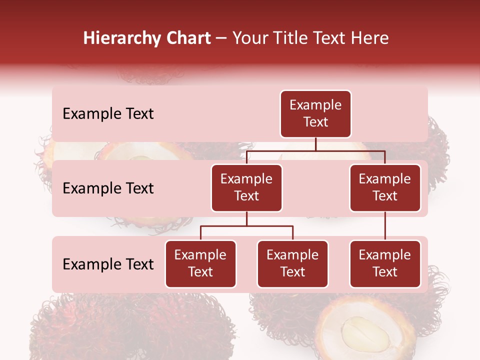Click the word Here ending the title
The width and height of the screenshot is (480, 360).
click(369, 38)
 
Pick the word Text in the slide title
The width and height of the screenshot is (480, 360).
click(328, 38)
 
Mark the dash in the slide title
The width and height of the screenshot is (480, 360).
click(221, 39)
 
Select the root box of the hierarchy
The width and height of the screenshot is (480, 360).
click(315, 113)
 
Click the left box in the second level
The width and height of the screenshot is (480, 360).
click(246, 187)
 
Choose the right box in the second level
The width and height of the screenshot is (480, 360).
click(385, 187)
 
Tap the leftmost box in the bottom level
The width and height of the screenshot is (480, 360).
click(200, 263)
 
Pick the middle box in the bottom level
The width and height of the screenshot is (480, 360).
click(292, 263)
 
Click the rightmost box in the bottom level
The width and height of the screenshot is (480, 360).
click(385, 263)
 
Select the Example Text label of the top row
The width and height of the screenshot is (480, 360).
click(108, 114)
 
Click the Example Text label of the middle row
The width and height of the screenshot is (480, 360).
click(108, 188)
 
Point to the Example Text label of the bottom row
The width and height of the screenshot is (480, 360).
click(108, 264)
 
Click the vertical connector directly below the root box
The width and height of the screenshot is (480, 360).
click(315, 144)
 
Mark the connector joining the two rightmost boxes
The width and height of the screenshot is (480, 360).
click(385, 226)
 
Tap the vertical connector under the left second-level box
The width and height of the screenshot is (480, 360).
click(246, 219)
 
